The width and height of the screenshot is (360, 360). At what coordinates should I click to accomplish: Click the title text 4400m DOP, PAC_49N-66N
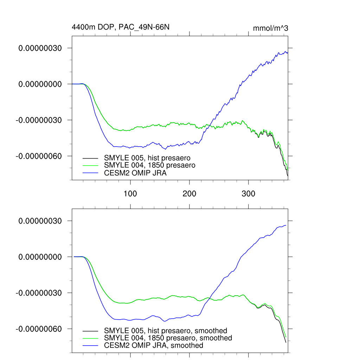[121, 27]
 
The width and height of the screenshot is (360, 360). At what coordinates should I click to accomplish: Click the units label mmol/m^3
[270, 28]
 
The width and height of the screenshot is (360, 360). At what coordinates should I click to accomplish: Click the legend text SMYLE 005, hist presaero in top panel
[149, 157]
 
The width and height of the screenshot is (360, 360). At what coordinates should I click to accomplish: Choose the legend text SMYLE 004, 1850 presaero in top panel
[150, 165]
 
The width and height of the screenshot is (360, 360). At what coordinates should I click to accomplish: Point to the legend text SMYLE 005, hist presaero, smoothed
[166, 330]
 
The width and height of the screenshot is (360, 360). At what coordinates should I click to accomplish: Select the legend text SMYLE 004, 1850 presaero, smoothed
[168, 338]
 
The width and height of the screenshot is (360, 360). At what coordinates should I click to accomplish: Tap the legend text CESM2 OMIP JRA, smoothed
[154, 346]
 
